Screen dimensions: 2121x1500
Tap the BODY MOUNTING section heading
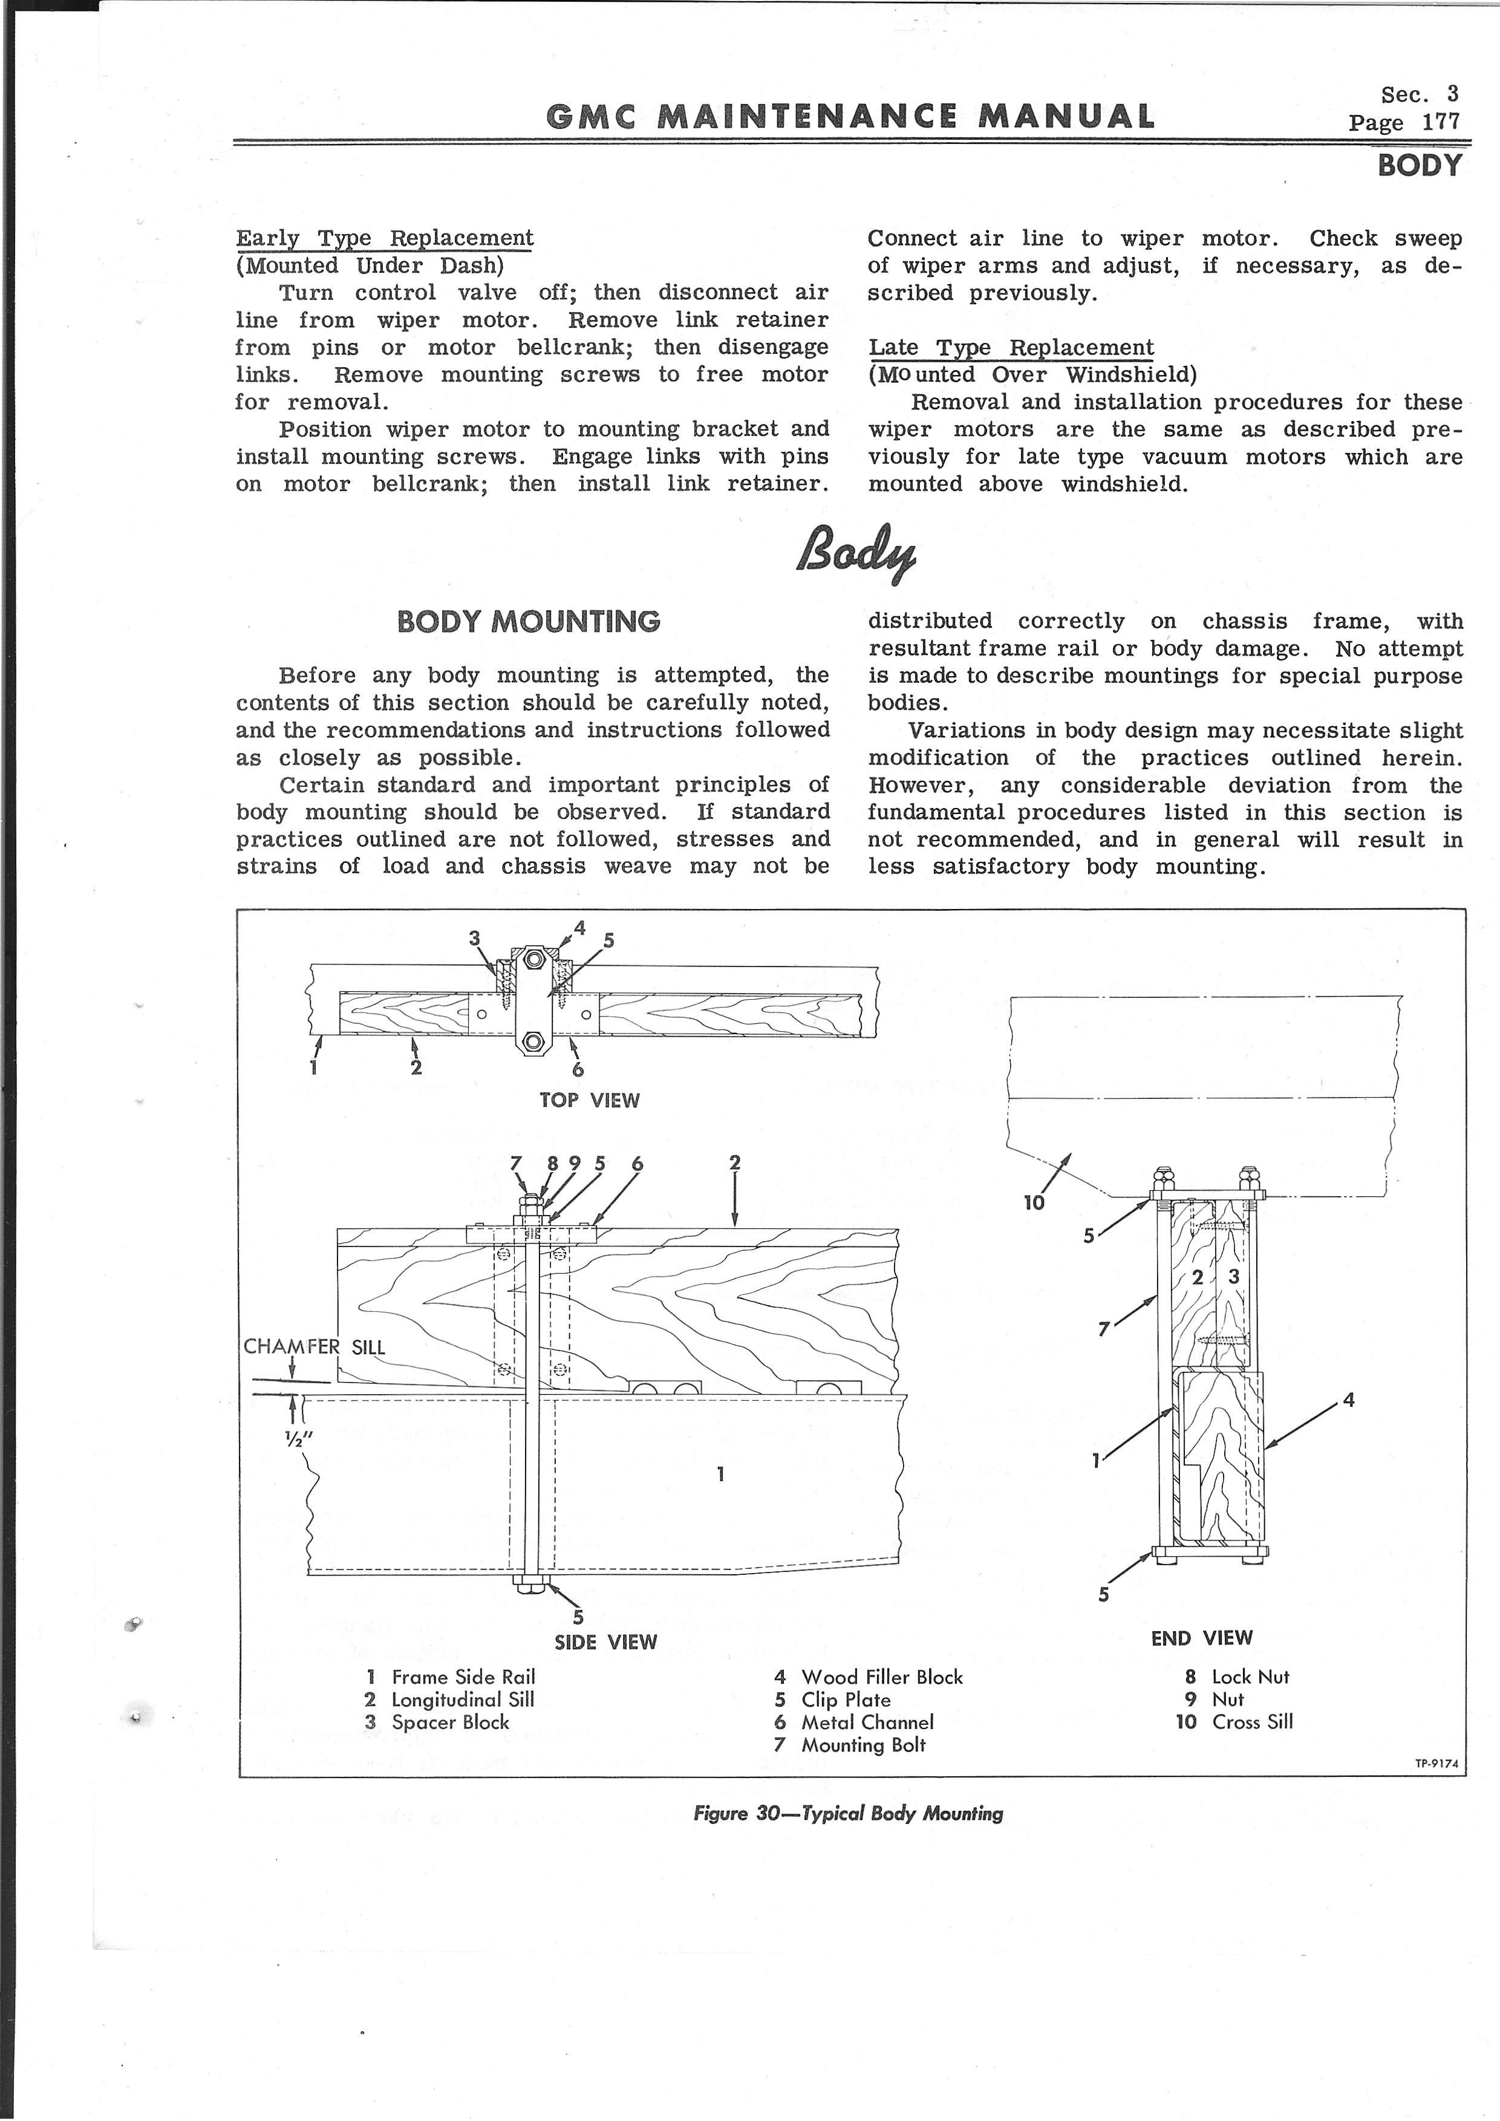coord(528,621)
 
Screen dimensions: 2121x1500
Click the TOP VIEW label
coord(589,1100)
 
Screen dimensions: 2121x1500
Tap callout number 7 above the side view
coord(517,1164)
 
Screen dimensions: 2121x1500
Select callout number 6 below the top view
coord(578,1069)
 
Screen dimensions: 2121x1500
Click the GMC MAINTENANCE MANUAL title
coord(850,116)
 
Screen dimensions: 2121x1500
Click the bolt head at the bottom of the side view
coord(532,1586)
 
